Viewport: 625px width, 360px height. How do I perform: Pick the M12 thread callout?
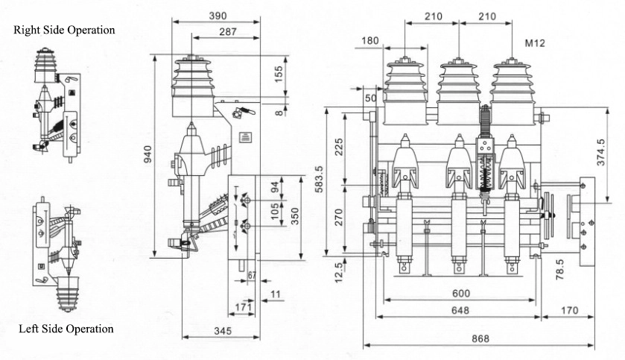click(x=535, y=44)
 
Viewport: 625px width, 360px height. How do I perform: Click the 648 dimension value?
click(x=460, y=309)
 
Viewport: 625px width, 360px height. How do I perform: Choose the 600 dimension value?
click(x=459, y=294)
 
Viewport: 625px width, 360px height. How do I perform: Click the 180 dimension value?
click(x=369, y=40)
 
